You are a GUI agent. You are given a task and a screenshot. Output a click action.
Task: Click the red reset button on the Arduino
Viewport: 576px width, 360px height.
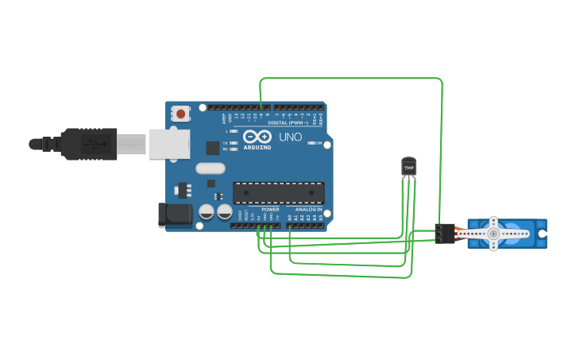181,114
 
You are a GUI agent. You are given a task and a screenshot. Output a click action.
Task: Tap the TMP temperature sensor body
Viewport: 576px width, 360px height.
408,167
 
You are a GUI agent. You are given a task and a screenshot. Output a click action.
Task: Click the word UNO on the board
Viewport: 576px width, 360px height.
290,137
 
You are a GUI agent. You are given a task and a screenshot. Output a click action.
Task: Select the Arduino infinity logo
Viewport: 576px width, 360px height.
257,137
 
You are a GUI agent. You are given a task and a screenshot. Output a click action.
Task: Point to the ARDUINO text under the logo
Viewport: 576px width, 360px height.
257,147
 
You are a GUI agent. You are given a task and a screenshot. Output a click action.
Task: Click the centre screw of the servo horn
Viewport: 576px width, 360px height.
493,234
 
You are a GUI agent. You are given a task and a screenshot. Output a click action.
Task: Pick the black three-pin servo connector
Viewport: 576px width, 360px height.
444,233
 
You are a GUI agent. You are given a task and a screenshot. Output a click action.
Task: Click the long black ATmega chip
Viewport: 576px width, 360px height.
278,192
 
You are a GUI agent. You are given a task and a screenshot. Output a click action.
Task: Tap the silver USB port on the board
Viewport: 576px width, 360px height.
169,144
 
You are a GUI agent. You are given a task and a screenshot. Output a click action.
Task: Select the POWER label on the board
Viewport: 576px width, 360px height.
270,209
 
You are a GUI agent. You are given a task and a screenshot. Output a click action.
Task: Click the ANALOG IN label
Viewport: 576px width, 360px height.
308,209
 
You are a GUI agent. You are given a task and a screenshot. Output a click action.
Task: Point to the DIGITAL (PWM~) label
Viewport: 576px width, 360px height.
288,122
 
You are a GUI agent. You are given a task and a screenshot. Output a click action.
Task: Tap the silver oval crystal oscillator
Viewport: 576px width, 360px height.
211,168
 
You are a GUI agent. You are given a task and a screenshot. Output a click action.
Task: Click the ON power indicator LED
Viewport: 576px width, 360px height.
311,143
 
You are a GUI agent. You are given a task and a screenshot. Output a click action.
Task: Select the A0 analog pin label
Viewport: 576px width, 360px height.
290,217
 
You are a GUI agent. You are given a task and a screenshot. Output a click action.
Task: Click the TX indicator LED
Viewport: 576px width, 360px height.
234,142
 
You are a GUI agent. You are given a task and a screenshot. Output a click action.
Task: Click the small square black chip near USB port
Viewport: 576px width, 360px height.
212,148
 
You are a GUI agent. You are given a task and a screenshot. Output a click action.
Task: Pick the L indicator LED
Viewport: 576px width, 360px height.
234,131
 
